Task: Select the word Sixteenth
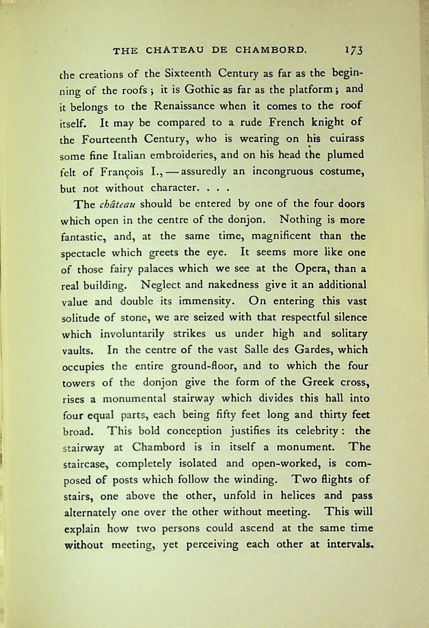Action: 188,74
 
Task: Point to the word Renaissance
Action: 184,106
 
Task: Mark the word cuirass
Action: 346,139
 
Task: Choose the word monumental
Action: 133,398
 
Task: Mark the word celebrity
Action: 313,431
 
